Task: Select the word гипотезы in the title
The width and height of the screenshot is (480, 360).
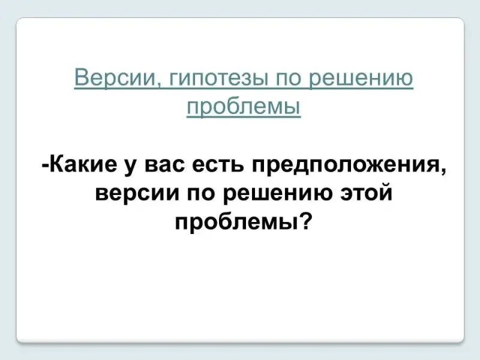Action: tap(217, 79)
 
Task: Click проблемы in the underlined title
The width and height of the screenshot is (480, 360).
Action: tap(244, 107)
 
